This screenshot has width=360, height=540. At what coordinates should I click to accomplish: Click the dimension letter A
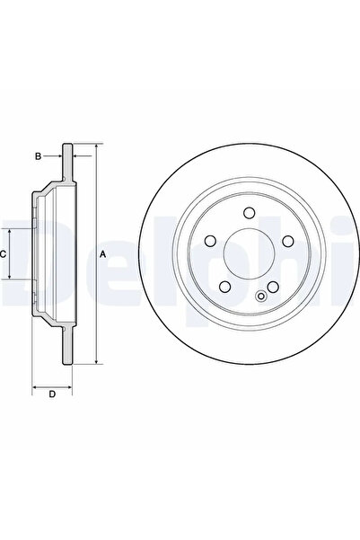coord(102,254)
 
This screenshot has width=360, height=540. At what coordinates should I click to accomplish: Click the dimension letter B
coord(39,156)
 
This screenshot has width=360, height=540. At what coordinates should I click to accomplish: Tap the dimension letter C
coord(3,254)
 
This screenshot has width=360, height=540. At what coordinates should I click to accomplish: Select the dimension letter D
coord(52,394)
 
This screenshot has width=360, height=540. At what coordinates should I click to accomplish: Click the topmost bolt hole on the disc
coord(249,212)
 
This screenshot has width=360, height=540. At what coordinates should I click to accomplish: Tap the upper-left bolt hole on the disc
coord(210,241)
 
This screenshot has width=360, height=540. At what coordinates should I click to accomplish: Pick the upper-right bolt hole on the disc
coord(287,241)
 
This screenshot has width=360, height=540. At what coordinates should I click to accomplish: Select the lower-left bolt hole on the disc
coord(224,287)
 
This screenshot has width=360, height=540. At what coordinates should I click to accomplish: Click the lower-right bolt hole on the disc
coord(273,287)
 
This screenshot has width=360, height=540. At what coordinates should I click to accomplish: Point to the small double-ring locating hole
coord(261,296)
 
